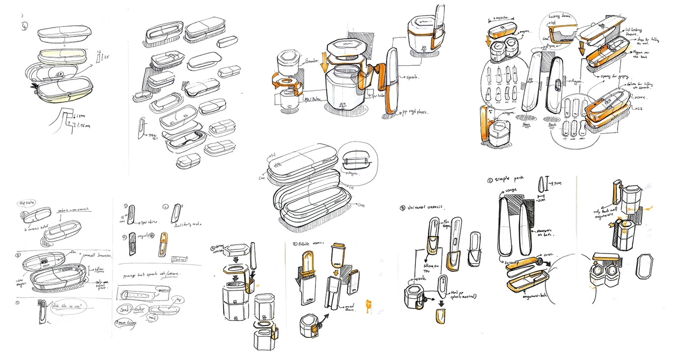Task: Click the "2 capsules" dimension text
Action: point(500,20)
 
